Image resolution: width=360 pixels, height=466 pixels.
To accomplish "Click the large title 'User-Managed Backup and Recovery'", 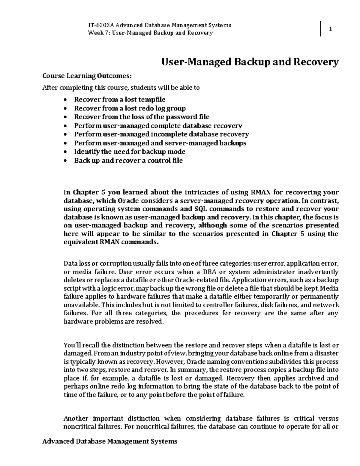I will [x=250, y=62].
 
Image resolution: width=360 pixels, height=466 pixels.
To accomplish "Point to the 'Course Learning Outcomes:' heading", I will [x=87, y=76].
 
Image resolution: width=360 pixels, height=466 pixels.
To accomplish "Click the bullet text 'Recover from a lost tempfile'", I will [x=120, y=99].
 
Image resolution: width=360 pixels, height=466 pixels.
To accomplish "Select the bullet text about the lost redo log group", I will [x=130, y=108].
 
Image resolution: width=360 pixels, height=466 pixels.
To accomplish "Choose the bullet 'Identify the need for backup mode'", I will [x=130, y=152].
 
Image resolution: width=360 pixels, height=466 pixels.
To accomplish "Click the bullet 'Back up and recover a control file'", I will [x=128, y=160].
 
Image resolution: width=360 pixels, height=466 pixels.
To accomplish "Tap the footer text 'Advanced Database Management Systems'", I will [x=110, y=441].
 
